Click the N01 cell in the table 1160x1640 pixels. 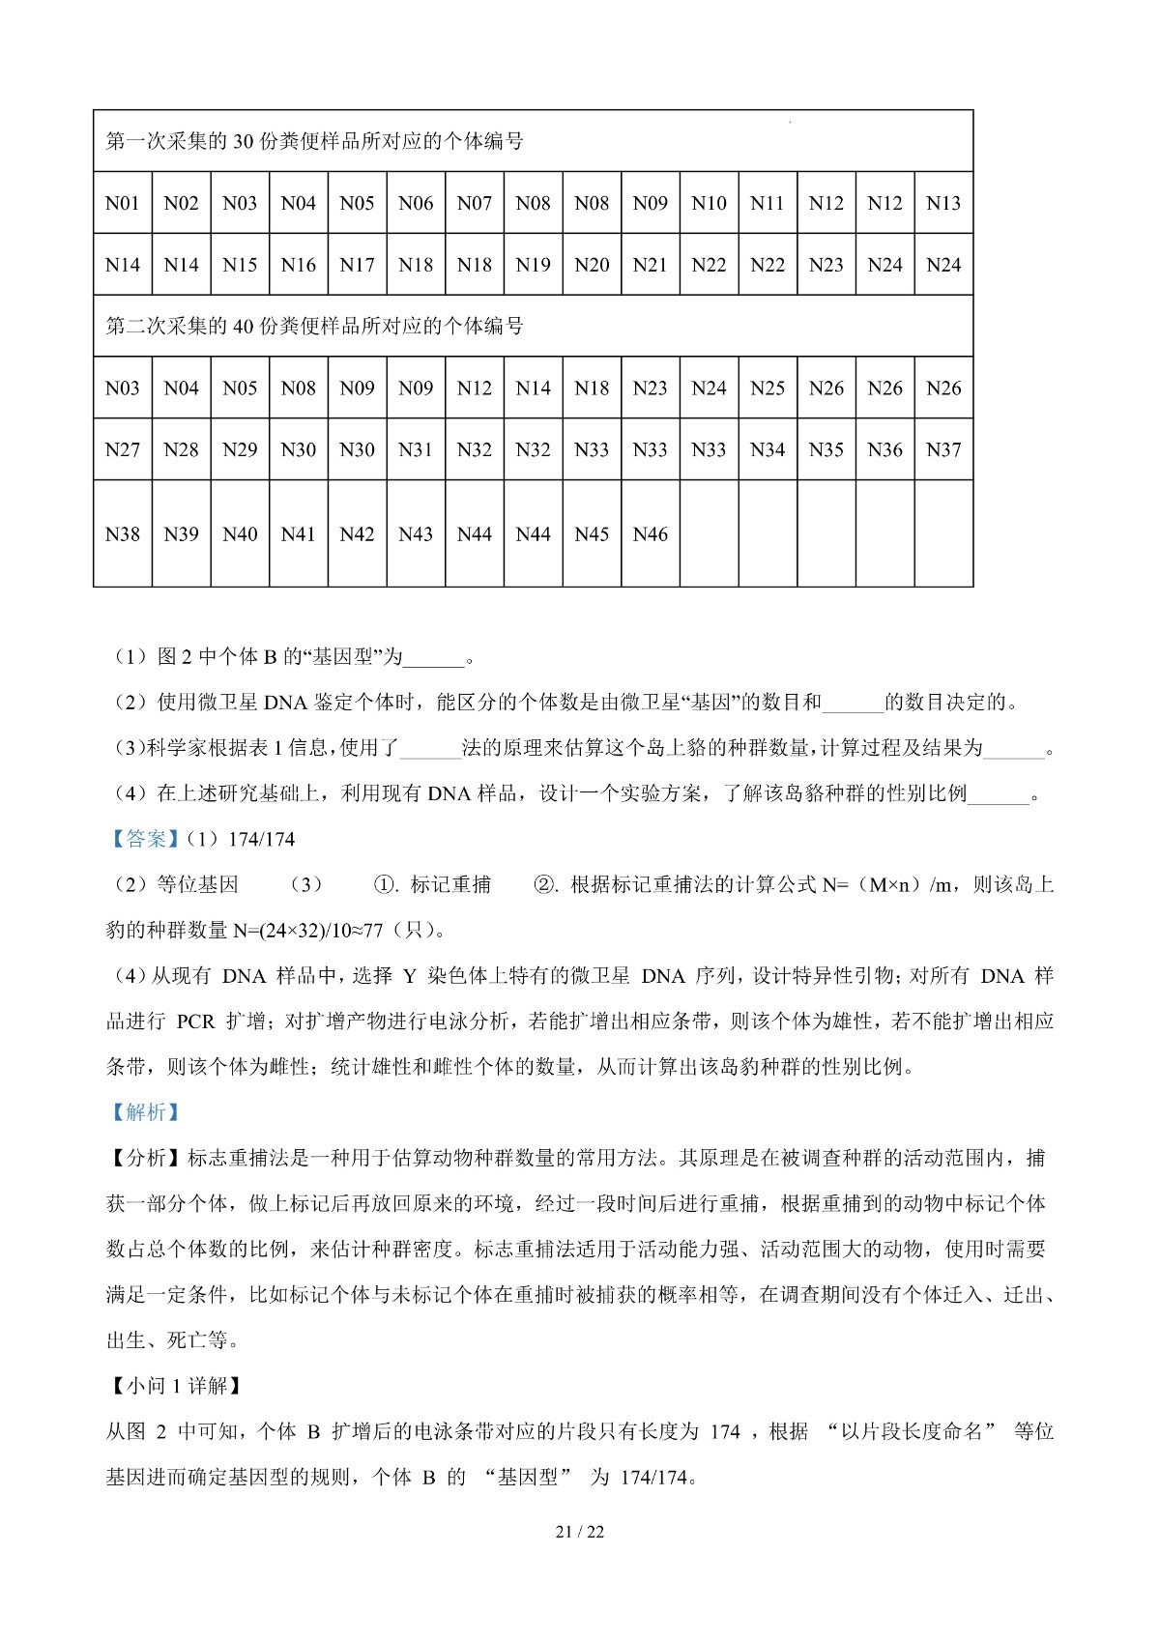click(x=123, y=203)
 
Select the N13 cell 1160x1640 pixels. click(x=943, y=203)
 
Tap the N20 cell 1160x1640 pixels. click(x=592, y=265)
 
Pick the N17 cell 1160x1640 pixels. click(x=357, y=265)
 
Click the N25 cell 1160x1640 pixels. click(x=768, y=388)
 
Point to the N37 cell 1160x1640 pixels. click(x=943, y=449)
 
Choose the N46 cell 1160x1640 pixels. click(x=651, y=534)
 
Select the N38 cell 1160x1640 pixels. click(x=123, y=534)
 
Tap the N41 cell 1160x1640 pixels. click(x=299, y=534)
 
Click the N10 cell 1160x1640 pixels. click(x=709, y=203)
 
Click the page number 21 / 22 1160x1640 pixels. click(x=580, y=1532)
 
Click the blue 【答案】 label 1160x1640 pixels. click(x=145, y=839)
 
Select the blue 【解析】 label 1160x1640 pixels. click(x=145, y=1112)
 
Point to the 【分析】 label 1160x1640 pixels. click(x=145, y=1158)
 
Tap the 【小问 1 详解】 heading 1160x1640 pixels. click(x=174, y=1386)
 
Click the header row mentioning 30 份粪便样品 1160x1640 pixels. click(x=314, y=141)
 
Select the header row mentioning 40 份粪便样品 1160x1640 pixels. click(x=314, y=327)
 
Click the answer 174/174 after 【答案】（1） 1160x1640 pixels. click(x=261, y=839)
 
